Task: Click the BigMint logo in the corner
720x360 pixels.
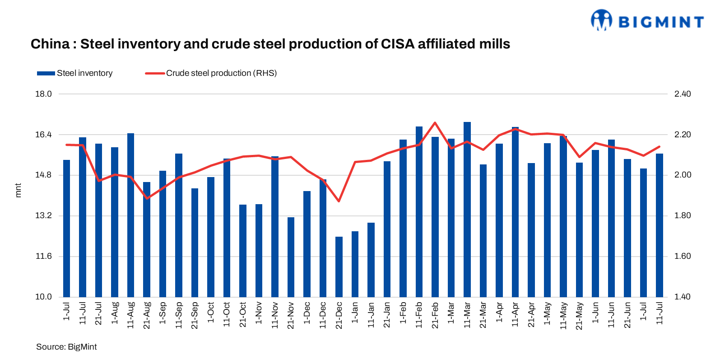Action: [647, 21]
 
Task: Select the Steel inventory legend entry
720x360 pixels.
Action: [75, 73]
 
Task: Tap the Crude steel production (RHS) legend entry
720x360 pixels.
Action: [211, 73]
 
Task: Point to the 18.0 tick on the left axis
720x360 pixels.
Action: [44, 94]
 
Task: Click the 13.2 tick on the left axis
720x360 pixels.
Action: [44, 215]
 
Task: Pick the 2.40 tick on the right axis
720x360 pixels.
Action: [682, 94]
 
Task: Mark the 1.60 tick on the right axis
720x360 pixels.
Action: [682, 256]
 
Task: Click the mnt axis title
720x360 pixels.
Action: [18, 190]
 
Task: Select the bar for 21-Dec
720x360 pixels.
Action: [339, 266]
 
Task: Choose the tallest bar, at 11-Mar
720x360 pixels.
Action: [467, 209]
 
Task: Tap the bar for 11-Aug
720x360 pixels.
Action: [131, 215]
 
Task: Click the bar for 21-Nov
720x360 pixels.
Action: [291, 257]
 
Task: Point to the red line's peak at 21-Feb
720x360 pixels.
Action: [435, 122]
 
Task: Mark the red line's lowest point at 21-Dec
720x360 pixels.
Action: [339, 201]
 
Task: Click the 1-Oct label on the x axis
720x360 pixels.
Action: [211, 312]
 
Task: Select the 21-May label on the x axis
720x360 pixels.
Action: [579, 316]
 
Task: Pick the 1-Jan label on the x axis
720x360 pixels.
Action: [355, 312]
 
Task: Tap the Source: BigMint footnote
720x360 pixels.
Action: [66, 347]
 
